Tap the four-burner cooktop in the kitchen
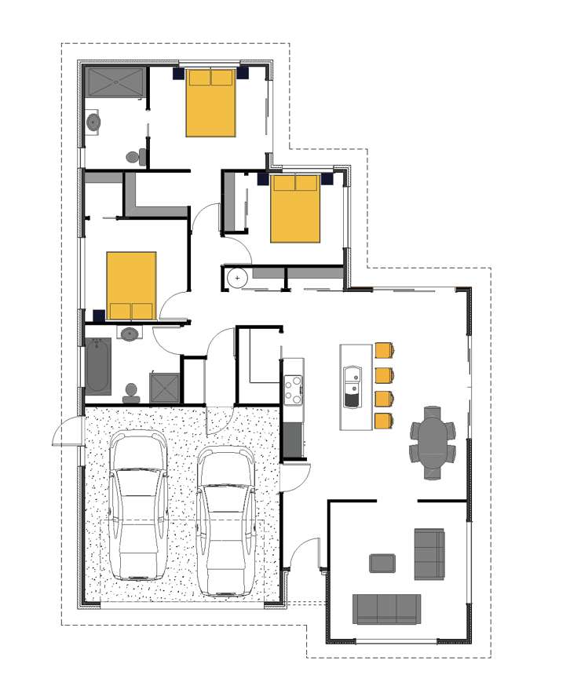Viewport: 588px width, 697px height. (293, 389)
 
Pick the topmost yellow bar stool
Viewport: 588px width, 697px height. (385, 350)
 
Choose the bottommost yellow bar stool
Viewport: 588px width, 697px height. (385, 420)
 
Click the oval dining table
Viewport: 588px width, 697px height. (432, 442)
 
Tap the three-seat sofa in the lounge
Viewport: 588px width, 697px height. (386, 608)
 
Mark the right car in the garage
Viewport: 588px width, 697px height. (226, 522)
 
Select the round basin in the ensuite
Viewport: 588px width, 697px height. (93, 122)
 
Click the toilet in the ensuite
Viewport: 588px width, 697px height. (135, 156)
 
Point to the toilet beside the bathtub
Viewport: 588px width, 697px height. (130, 389)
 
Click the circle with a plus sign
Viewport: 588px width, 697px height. (237, 278)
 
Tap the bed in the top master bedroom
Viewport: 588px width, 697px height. (210, 103)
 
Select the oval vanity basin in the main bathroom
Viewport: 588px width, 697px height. (128, 334)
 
